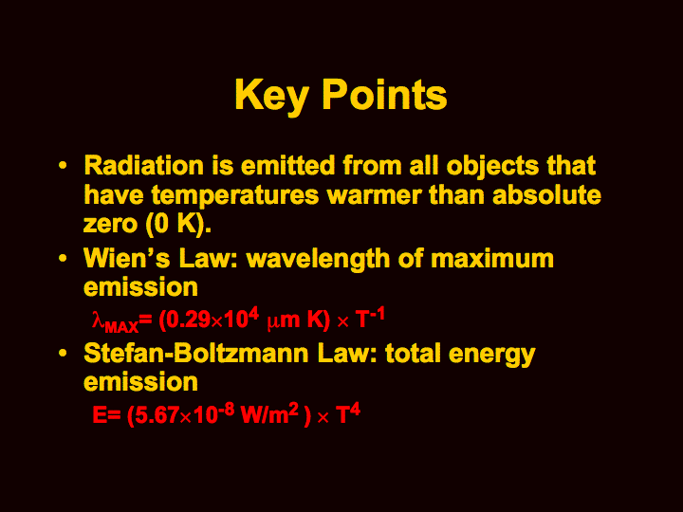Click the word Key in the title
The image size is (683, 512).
(x=272, y=96)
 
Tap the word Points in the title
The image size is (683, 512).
(x=384, y=95)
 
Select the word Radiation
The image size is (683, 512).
(x=144, y=166)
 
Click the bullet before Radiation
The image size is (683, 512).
(x=63, y=166)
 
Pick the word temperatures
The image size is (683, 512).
(x=235, y=195)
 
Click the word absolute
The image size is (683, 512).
(x=546, y=194)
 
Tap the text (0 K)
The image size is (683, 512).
(x=178, y=225)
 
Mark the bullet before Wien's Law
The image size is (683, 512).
(x=63, y=259)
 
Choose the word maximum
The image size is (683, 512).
(x=492, y=259)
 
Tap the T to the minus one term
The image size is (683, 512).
(x=370, y=318)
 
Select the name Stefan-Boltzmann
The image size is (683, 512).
(x=196, y=353)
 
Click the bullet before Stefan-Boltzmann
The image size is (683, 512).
(x=63, y=353)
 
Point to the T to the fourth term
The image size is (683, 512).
(x=348, y=413)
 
